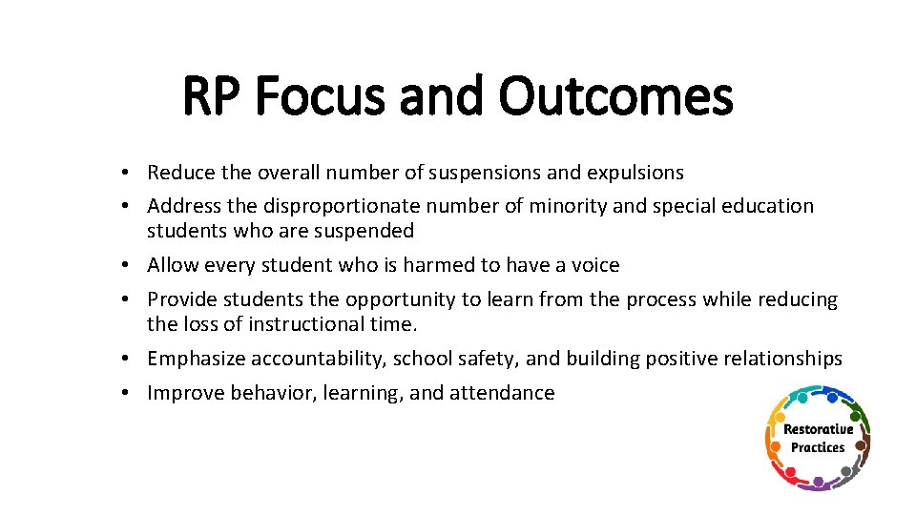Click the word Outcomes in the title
click(x=615, y=98)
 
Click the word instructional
click(x=308, y=324)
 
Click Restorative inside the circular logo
click(x=818, y=430)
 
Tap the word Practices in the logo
click(x=818, y=447)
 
